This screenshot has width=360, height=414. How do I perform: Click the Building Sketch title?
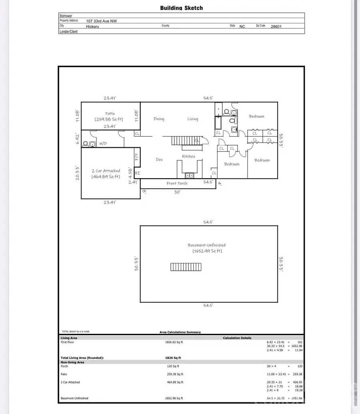coord(181,8)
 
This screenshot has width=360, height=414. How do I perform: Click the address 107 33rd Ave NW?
coord(107,20)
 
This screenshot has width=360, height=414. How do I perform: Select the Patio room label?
coord(110,114)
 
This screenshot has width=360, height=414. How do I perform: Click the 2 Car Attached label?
coord(106,171)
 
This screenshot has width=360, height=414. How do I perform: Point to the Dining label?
coord(159,119)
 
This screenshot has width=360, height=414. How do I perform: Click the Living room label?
coord(193,119)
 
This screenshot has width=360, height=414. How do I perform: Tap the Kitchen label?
coord(188,156)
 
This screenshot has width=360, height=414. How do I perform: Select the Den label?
coord(159,159)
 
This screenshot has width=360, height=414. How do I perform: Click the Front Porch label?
coord(177,183)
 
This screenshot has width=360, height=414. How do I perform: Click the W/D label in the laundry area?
coord(103,143)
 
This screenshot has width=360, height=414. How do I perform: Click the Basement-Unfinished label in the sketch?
coord(206,245)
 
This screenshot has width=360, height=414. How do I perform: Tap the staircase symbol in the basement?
coord(186,267)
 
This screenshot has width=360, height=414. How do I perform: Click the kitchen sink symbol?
coord(189,175)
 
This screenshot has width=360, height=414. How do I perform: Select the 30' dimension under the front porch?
coord(177,192)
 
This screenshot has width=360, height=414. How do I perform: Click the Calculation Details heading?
coord(237,338)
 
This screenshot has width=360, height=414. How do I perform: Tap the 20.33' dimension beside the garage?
coord(78,173)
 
